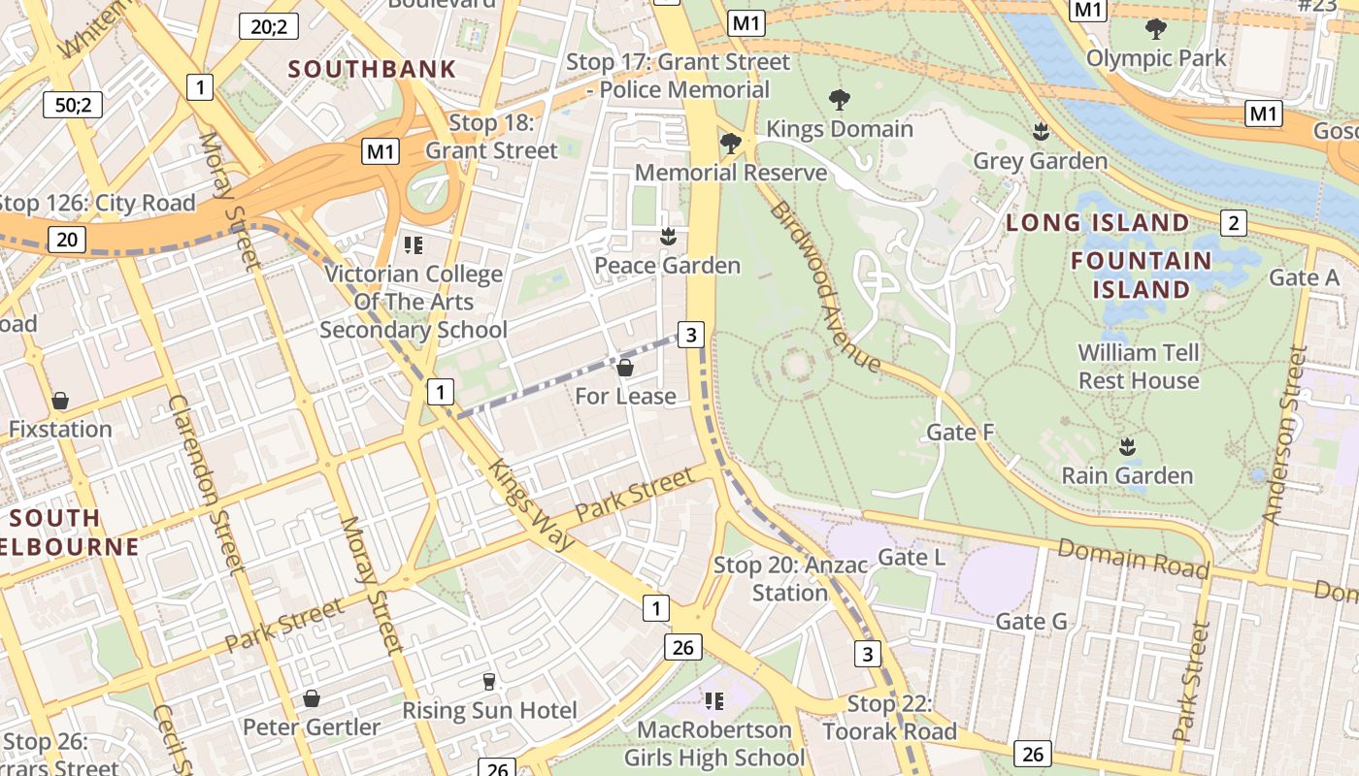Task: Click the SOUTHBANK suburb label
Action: pyautogui.click(x=372, y=69)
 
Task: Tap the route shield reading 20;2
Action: pyautogui.click(x=269, y=26)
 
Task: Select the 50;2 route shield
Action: pyautogui.click(x=73, y=105)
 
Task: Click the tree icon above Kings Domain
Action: pyautogui.click(x=840, y=99)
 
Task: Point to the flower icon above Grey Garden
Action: pyautogui.click(x=1041, y=131)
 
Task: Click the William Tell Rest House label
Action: pyautogui.click(x=1139, y=366)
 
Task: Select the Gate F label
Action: pyautogui.click(x=960, y=432)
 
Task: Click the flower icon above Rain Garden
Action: pyautogui.click(x=1127, y=446)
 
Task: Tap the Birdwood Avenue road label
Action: pyautogui.click(x=825, y=288)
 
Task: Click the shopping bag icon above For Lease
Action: pyautogui.click(x=625, y=368)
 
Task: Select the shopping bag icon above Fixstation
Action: pyautogui.click(x=60, y=401)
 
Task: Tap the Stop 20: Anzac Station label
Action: pyautogui.click(x=771, y=578)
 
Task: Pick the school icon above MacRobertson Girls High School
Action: pyautogui.click(x=714, y=700)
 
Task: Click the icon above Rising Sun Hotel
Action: pyautogui.click(x=489, y=682)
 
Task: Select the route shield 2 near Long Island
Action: pyautogui.click(x=1233, y=223)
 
